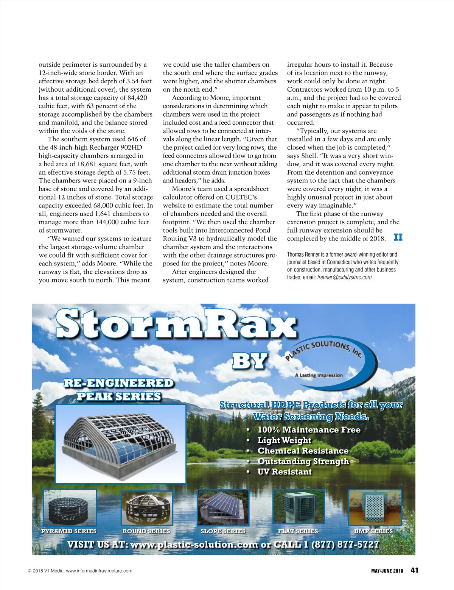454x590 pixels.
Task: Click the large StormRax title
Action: tap(176, 324)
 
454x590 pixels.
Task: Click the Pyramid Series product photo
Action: tap(70, 506)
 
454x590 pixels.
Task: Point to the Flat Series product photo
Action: tap(299, 506)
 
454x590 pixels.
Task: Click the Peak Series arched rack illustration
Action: tap(120, 443)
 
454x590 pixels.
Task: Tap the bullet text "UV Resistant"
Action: tap(285, 472)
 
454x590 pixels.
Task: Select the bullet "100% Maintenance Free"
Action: tap(309, 430)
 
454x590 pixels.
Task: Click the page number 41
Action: tap(415, 570)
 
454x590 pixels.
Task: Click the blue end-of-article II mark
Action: tap(398, 237)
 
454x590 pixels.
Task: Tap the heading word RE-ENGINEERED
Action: tap(118, 383)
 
